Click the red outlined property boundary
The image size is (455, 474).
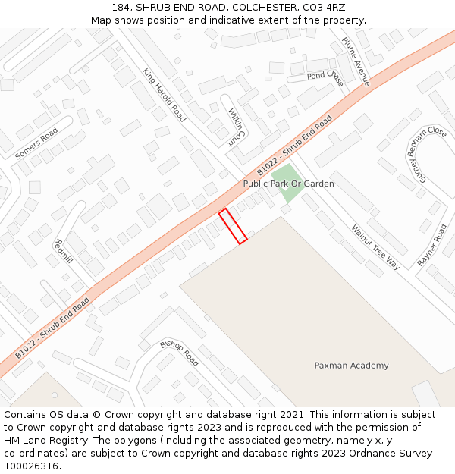pyautogui.click(x=233, y=226)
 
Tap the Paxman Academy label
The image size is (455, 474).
pyautogui.click(x=351, y=366)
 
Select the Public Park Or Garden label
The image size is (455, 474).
pyautogui.click(x=288, y=184)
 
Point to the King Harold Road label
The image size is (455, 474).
pyautogui.click(x=164, y=95)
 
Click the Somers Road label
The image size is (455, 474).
pyautogui.click(x=36, y=143)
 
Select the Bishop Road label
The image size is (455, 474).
pyautogui.click(x=179, y=353)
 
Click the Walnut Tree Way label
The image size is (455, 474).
pyautogui.click(x=375, y=247)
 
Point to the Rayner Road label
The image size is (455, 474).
pyautogui.click(x=431, y=245)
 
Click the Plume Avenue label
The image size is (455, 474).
pyautogui.click(x=356, y=61)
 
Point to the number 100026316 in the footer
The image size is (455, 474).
pyautogui.click(x=31, y=466)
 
